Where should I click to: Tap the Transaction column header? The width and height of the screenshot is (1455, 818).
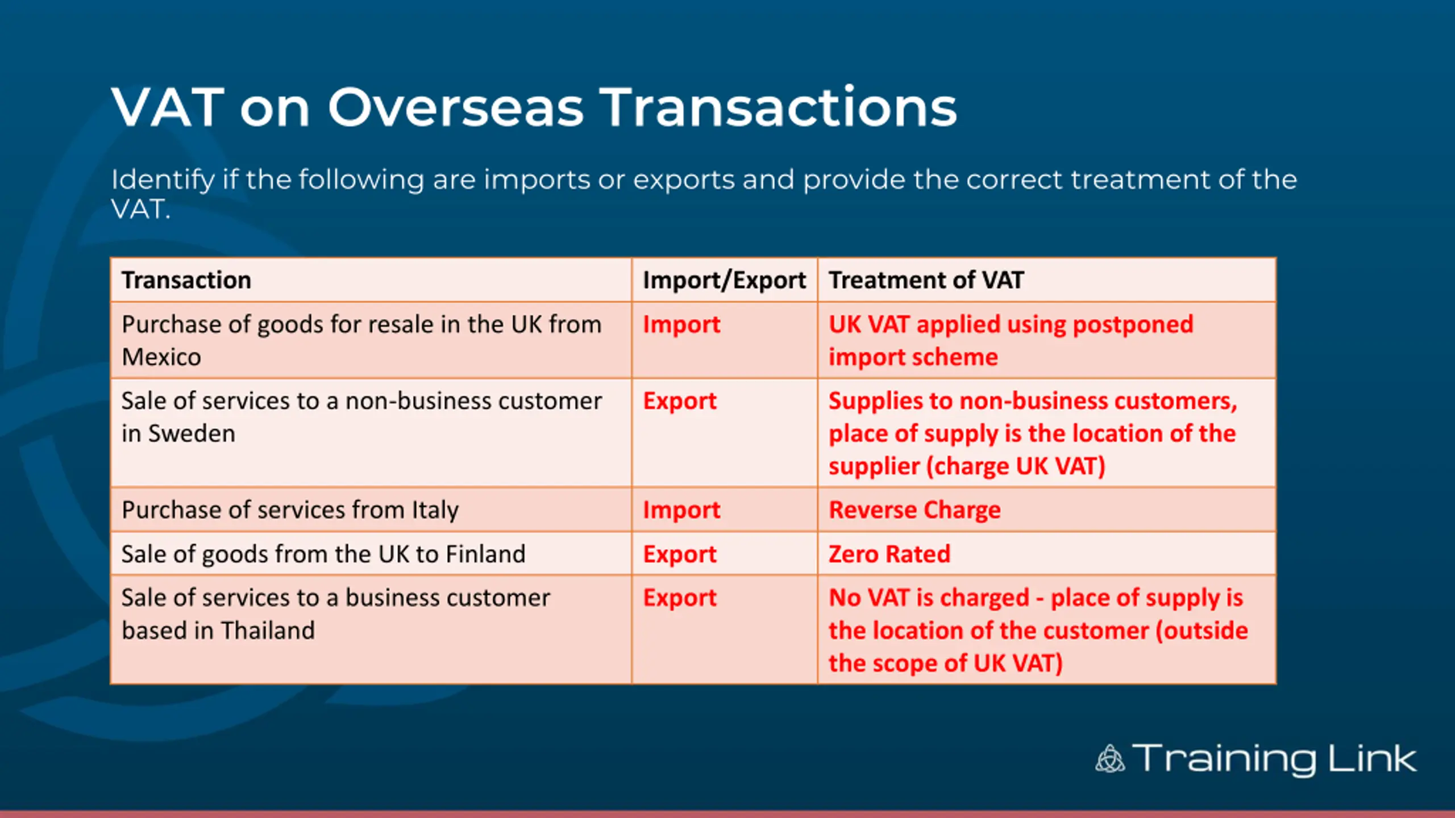[186, 280]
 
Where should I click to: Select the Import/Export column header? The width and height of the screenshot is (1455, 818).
[724, 280]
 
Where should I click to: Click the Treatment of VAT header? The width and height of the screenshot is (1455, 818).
[926, 280]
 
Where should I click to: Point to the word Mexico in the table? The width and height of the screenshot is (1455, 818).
[161, 357]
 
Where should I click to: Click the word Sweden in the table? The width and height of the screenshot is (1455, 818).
[192, 434]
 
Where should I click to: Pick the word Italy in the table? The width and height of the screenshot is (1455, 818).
[435, 511]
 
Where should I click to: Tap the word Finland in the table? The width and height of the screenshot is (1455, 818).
[485, 554]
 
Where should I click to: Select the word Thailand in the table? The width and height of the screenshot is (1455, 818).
[268, 631]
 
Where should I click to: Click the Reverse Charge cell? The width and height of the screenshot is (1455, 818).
[914, 510]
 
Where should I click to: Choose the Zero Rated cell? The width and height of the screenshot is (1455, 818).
[889, 554]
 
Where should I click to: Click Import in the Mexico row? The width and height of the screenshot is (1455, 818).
[681, 325]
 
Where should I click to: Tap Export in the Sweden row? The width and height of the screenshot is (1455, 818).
[680, 402]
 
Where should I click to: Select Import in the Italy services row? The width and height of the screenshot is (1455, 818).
[681, 511]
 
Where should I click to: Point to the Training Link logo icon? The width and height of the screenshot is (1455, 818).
[1110, 759]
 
